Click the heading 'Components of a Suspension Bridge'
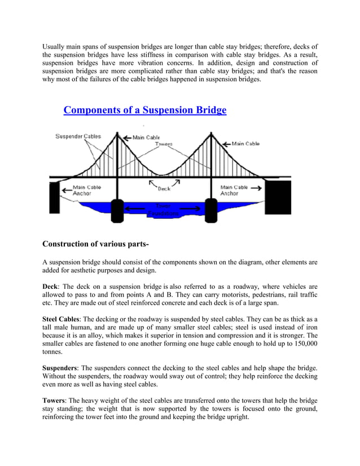click(x=144, y=109)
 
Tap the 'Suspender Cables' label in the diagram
click(x=78, y=137)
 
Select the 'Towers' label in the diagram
click(x=164, y=144)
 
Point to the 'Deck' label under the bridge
click(x=164, y=188)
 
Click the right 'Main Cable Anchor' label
click(x=234, y=190)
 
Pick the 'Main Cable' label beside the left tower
click(x=146, y=137)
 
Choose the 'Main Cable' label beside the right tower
click(x=245, y=144)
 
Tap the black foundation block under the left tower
click(x=117, y=210)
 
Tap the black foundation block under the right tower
click(x=211, y=210)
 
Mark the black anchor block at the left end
click(x=54, y=195)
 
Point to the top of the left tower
click(x=117, y=134)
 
